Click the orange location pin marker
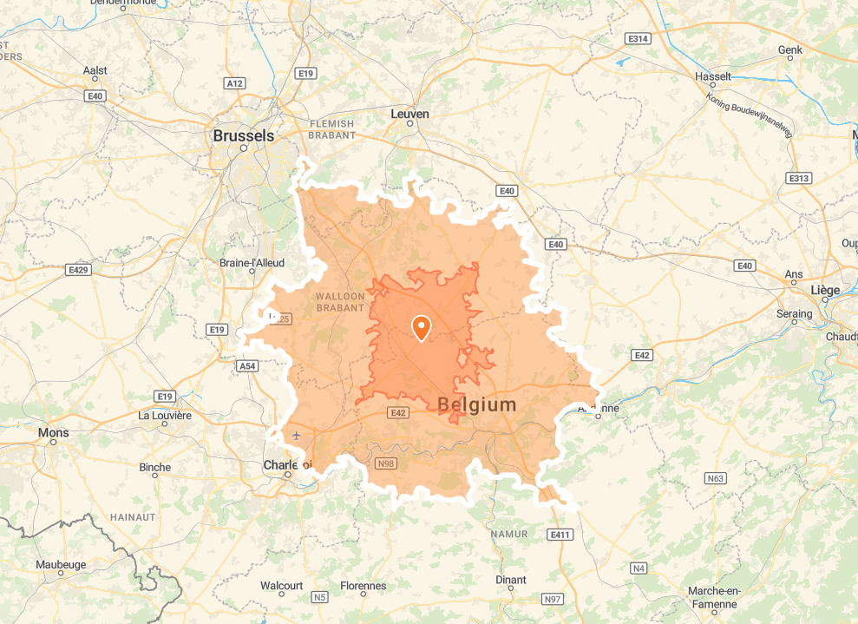click(421, 328)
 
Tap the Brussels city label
click(243, 135)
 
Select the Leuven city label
click(410, 114)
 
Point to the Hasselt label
click(713, 76)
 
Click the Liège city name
click(825, 289)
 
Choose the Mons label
click(53, 431)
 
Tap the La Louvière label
click(165, 415)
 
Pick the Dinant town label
click(510, 580)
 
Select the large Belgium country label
click(477, 404)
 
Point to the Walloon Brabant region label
click(340, 302)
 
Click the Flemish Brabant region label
click(332, 129)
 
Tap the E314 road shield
click(638, 39)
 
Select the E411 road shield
click(560, 535)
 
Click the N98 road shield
click(386, 463)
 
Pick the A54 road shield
click(247, 366)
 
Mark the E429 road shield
click(79, 270)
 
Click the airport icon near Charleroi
click(298, 435)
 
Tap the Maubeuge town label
click(61, 564)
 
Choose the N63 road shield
click(715, 478)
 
